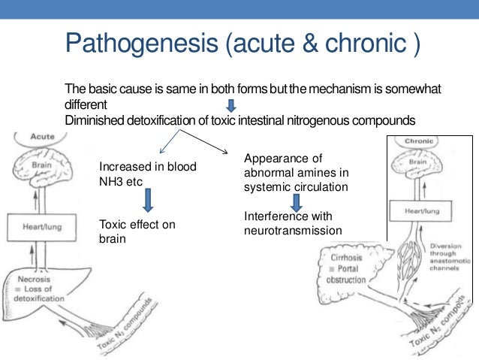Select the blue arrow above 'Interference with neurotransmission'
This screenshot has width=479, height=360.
tap(297, 201)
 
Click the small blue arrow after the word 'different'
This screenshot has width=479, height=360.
tap(230, 105)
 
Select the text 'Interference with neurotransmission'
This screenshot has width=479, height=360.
tap(291, 224)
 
